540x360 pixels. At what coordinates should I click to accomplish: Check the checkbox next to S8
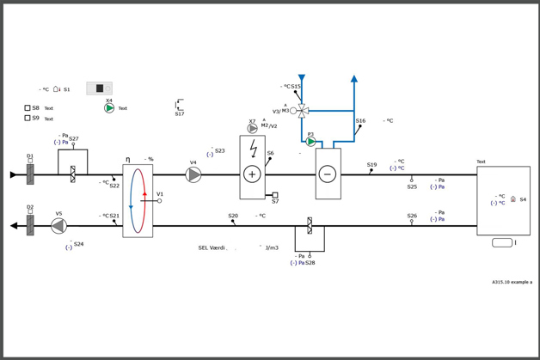[x=28, y=108]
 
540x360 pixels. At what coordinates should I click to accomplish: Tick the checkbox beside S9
[x=28, y=119]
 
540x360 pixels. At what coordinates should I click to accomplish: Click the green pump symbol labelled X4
[x=109, y=108]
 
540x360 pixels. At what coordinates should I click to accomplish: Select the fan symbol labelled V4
[x=193, y=174]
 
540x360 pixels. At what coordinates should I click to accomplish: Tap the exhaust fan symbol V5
[x=58, y=226]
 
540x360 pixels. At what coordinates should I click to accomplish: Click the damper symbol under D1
[x=30, y=174]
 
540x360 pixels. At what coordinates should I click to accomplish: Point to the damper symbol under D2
[x=30, y=225]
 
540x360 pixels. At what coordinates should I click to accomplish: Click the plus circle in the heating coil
[x=252, y=174]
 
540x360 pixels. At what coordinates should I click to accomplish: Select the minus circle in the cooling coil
[x=327, y=174]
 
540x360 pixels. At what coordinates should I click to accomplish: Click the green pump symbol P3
[x=311, y=142]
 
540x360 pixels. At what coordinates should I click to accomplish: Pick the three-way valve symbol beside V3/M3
[x=303, y=111]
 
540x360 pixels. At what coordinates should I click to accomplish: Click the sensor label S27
[x=74, y=139]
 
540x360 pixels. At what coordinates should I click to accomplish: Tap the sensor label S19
[x=371, y=165]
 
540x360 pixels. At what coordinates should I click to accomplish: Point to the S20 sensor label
[x=233, y=217]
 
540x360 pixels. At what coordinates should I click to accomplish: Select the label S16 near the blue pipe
[x=360, y=121]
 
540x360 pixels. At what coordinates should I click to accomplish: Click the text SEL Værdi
[x=212, y=248]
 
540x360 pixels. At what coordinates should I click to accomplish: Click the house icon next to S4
[x=513, y=199]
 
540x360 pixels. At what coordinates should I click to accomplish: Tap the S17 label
[x=180, y=114]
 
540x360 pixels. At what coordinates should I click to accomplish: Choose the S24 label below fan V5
[x=78, y=244]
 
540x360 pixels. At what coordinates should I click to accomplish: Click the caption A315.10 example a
[x=512, y=282]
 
